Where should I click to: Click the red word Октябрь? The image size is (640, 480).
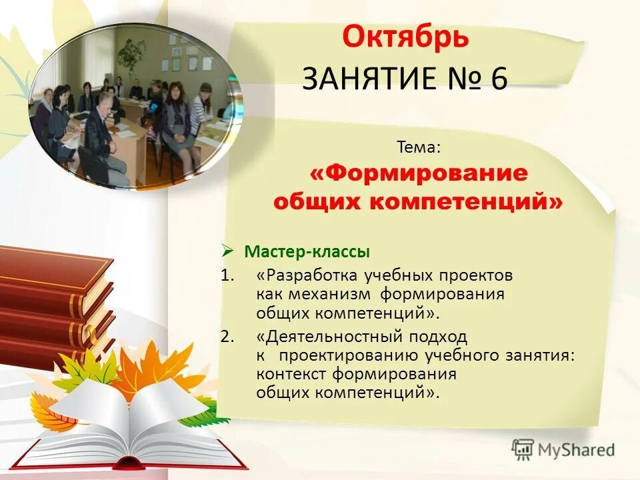(x=405, y=37)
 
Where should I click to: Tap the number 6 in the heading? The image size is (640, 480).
(x=499, y=79)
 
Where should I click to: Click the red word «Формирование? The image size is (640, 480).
(x=419, y=173)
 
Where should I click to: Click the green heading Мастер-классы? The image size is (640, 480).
(x=306, y=252)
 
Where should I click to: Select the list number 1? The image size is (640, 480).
(x=227, y=275)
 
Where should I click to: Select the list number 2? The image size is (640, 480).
(x=227, y=337)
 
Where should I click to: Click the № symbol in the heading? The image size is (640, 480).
(x=462, y=79)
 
